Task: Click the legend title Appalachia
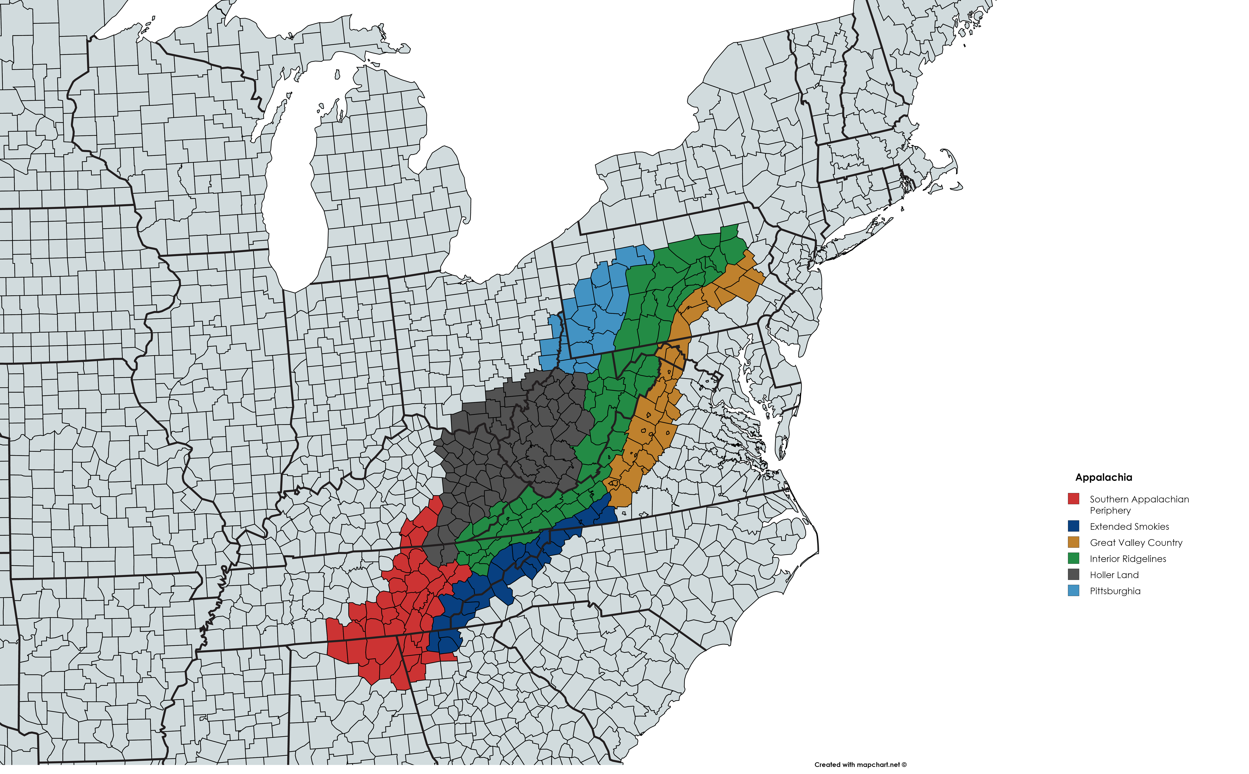pos(1103,477)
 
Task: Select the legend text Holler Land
pos(1114,575)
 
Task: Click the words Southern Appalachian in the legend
pos(1139,499)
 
